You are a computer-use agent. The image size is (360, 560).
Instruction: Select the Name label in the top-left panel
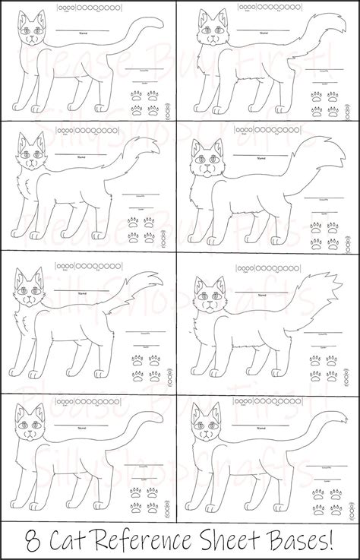(x=76, y=33)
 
